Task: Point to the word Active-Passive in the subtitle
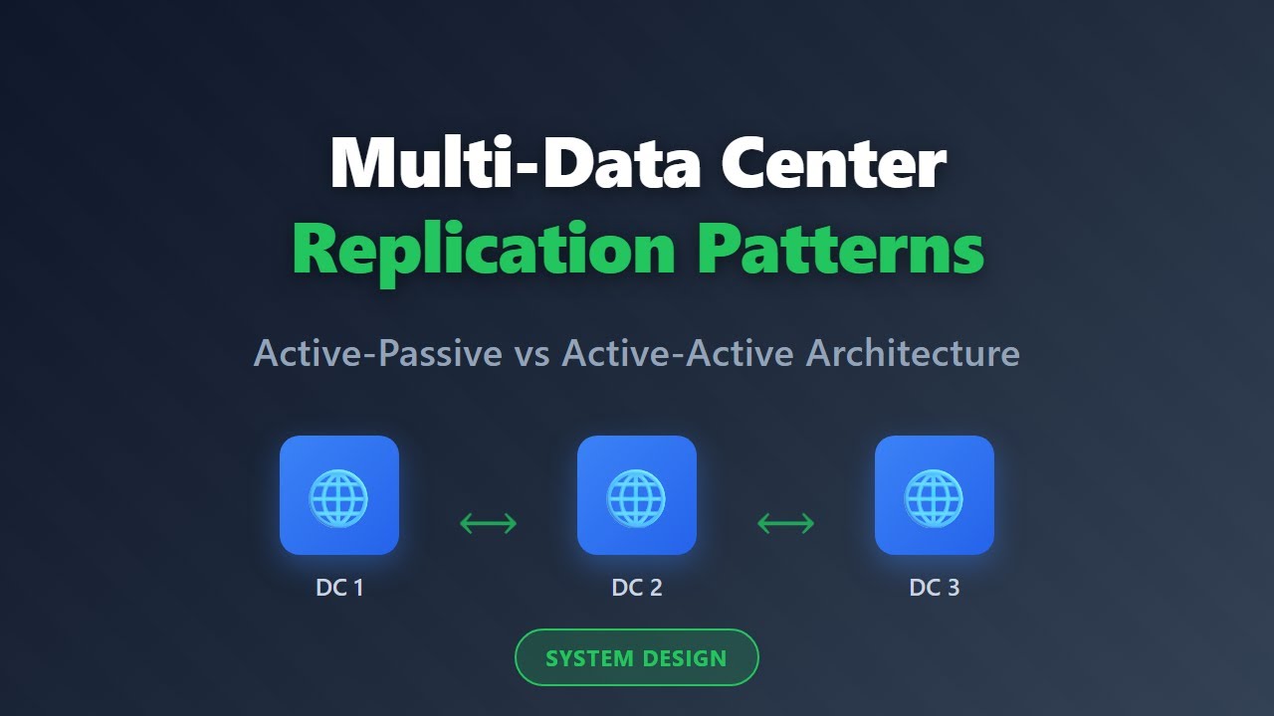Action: (x=378, y=353)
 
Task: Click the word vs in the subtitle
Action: (x=531, y=353)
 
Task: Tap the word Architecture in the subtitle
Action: (x=913, y=353)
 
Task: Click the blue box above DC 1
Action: (x=339, y=495)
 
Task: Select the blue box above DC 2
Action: (x=637, y=495)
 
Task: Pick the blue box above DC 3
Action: (x=935, y=495)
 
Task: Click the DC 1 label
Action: (x=339, y=588)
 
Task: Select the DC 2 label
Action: (x=637, y=588)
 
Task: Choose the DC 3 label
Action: (x=935, y=588)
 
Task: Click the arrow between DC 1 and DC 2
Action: (x=488, y=522)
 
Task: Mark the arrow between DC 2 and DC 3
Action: (x=785, y=522)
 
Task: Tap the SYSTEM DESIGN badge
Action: (x=637, y=658)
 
